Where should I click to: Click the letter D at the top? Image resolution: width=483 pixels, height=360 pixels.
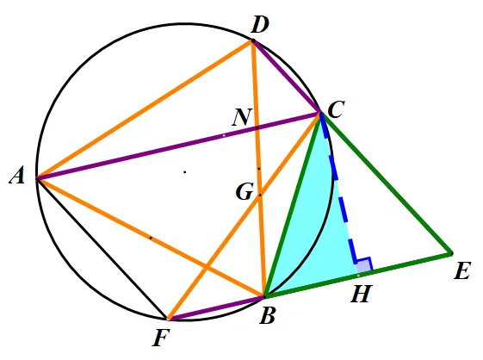tap(260, 25)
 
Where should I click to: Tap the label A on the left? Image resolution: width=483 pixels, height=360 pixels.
tap(17, 177)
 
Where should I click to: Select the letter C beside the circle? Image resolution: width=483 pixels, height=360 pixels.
tap(336, 109)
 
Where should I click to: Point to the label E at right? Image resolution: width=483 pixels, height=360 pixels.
tap(462, 271)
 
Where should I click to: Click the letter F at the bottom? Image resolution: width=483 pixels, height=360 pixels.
tap(161, 338)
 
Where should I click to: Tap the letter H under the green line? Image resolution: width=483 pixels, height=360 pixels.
tap(362, 294)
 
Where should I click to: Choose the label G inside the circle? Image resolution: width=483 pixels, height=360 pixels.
tap(245, 192)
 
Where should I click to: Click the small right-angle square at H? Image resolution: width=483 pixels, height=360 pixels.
tap(364, 264)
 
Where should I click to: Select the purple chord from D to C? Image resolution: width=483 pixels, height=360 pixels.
tap(287, 77)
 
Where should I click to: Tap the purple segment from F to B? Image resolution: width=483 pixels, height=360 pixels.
tap(216, 308)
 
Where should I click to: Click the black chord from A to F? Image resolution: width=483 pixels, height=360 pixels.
tap(102, 248)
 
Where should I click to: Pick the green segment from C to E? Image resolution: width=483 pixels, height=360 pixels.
tap(387, 183)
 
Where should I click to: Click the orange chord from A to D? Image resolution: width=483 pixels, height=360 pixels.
tap(145, 109)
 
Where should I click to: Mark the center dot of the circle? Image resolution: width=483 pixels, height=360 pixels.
tap(185, 172)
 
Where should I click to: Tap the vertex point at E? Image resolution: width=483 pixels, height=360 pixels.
tap(452, 253)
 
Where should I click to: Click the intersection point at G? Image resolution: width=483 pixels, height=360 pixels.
tap(260, 195)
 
